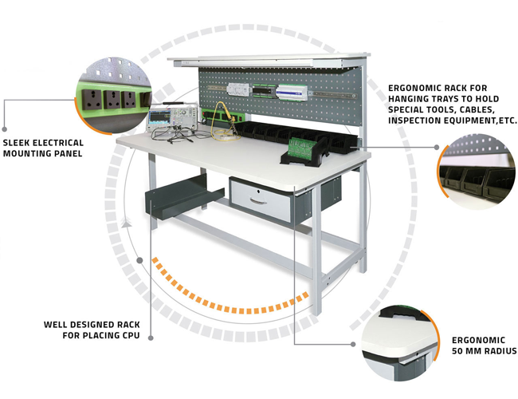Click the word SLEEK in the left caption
(17, 142)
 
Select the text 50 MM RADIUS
(484, 351)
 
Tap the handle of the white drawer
(257, 199)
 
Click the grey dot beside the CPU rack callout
(140, 259)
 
